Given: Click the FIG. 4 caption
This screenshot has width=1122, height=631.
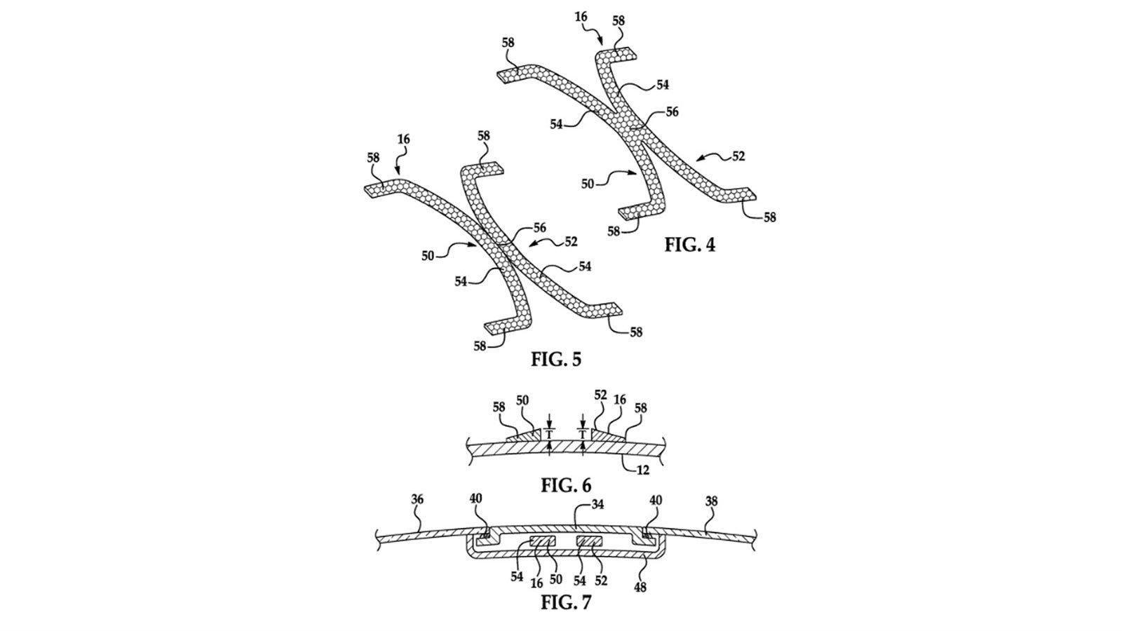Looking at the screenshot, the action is [x=690, y=245].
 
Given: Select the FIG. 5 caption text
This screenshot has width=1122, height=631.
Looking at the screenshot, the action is [x=556, y=359].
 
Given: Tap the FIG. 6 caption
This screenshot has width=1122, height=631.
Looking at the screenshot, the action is [x=566, y=484].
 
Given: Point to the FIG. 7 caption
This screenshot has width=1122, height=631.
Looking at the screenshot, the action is [x=566, y=602].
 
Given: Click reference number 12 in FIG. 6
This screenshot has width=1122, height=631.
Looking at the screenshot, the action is [x=642, y=470].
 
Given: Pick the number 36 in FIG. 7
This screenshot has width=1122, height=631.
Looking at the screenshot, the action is [x=417, y=499].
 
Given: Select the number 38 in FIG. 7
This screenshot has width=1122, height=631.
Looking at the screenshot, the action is [x=711, y=501].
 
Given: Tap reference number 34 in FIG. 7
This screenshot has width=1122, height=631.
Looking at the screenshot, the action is [x=597, y=505].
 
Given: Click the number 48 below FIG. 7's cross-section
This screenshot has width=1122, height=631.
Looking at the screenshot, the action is [x=640, y=587].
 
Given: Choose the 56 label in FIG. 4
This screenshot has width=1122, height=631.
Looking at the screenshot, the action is [x=672, y=111].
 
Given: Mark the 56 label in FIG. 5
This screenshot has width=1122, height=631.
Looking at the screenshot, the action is [x=539, y=228].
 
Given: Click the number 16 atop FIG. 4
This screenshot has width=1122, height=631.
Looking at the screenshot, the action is [x=581, y=17].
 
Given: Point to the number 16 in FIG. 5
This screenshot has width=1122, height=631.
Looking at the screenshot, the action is [x=404, y=140].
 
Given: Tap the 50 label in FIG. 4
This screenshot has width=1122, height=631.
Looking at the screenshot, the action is [x=588, y=184].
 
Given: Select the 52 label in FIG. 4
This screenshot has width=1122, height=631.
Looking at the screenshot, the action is [x=738, y=156].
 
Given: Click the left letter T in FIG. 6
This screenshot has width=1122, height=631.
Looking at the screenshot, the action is [x=550, y=433].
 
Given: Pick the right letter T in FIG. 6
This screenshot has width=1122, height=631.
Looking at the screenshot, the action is [x=583, y=433].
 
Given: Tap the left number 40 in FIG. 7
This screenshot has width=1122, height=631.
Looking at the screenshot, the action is [x=476, y=499].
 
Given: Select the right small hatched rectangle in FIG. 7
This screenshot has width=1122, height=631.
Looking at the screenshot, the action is [x=590, y=541].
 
